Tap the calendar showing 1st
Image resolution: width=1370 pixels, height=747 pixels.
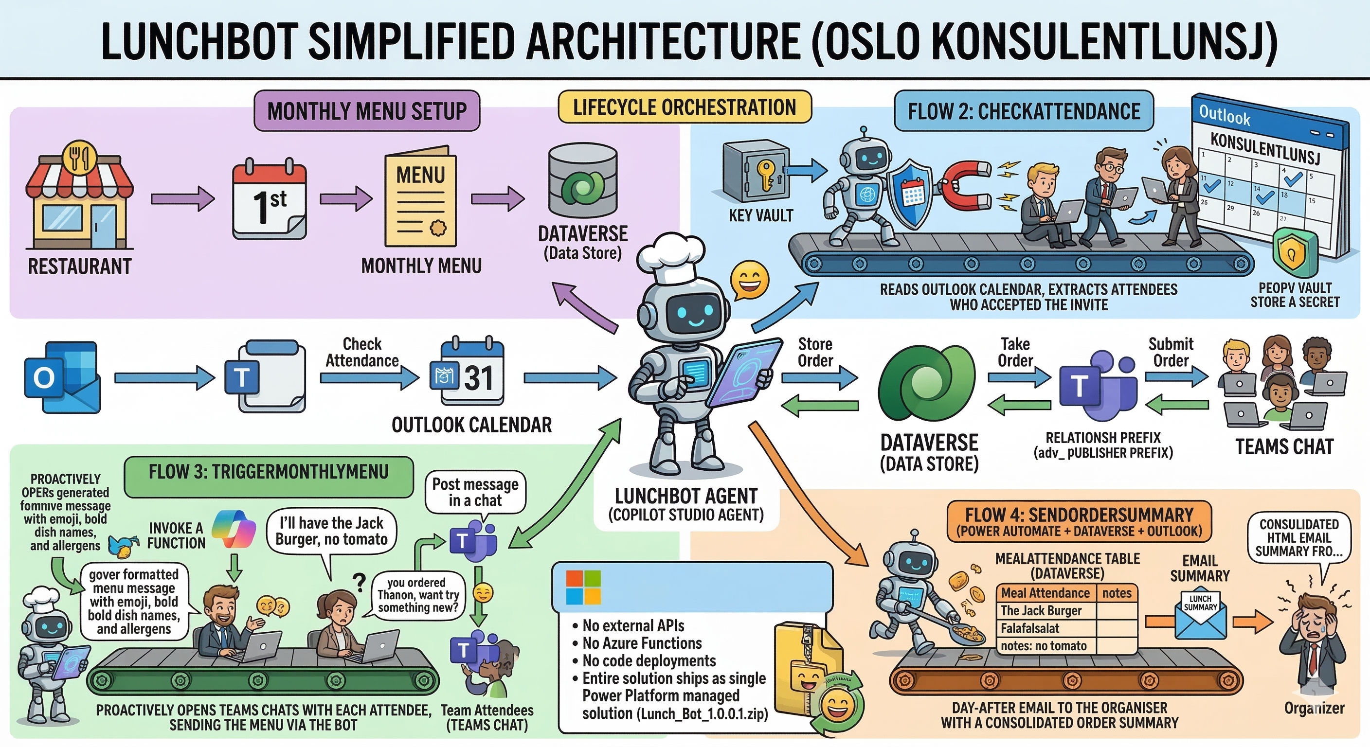click(269, 199)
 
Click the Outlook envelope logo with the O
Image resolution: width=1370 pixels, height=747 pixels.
click(62, 377)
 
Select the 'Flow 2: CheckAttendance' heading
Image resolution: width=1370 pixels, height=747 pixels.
click(1024, 111)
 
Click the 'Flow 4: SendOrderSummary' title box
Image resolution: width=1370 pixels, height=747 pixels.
click(1079, 521)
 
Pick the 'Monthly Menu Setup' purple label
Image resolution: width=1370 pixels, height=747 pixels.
click(367, 111)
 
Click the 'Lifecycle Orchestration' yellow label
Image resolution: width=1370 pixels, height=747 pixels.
click(685, 107)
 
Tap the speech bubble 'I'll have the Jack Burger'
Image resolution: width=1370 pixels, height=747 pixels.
click(331, 531)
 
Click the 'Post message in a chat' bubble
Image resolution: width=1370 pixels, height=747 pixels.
click(475, 492)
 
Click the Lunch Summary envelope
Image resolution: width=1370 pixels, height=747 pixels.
click(1200, 614)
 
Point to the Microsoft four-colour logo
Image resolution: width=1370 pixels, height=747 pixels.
click(583, 587)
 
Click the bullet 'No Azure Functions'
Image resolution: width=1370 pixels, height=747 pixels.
click(642, 643)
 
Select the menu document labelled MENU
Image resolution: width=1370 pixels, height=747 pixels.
click(420, 199)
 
